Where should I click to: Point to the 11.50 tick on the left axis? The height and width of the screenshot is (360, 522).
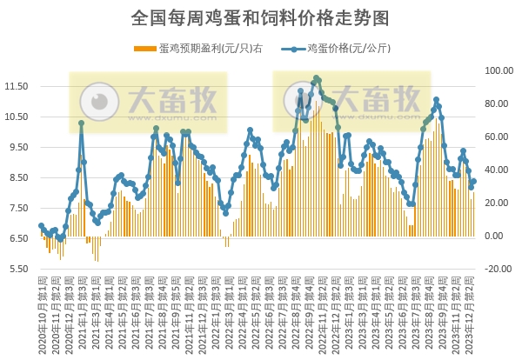coord(17,86)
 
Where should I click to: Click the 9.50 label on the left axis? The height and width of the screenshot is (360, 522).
coord(18,147)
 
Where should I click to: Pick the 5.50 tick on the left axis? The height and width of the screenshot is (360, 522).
coord(18,269)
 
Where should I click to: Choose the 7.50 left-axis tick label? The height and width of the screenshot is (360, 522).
coord(18,208)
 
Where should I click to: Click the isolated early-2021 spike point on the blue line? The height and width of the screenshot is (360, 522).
coord(81,123)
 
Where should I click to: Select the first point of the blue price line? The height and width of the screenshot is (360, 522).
coord(41,226)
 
